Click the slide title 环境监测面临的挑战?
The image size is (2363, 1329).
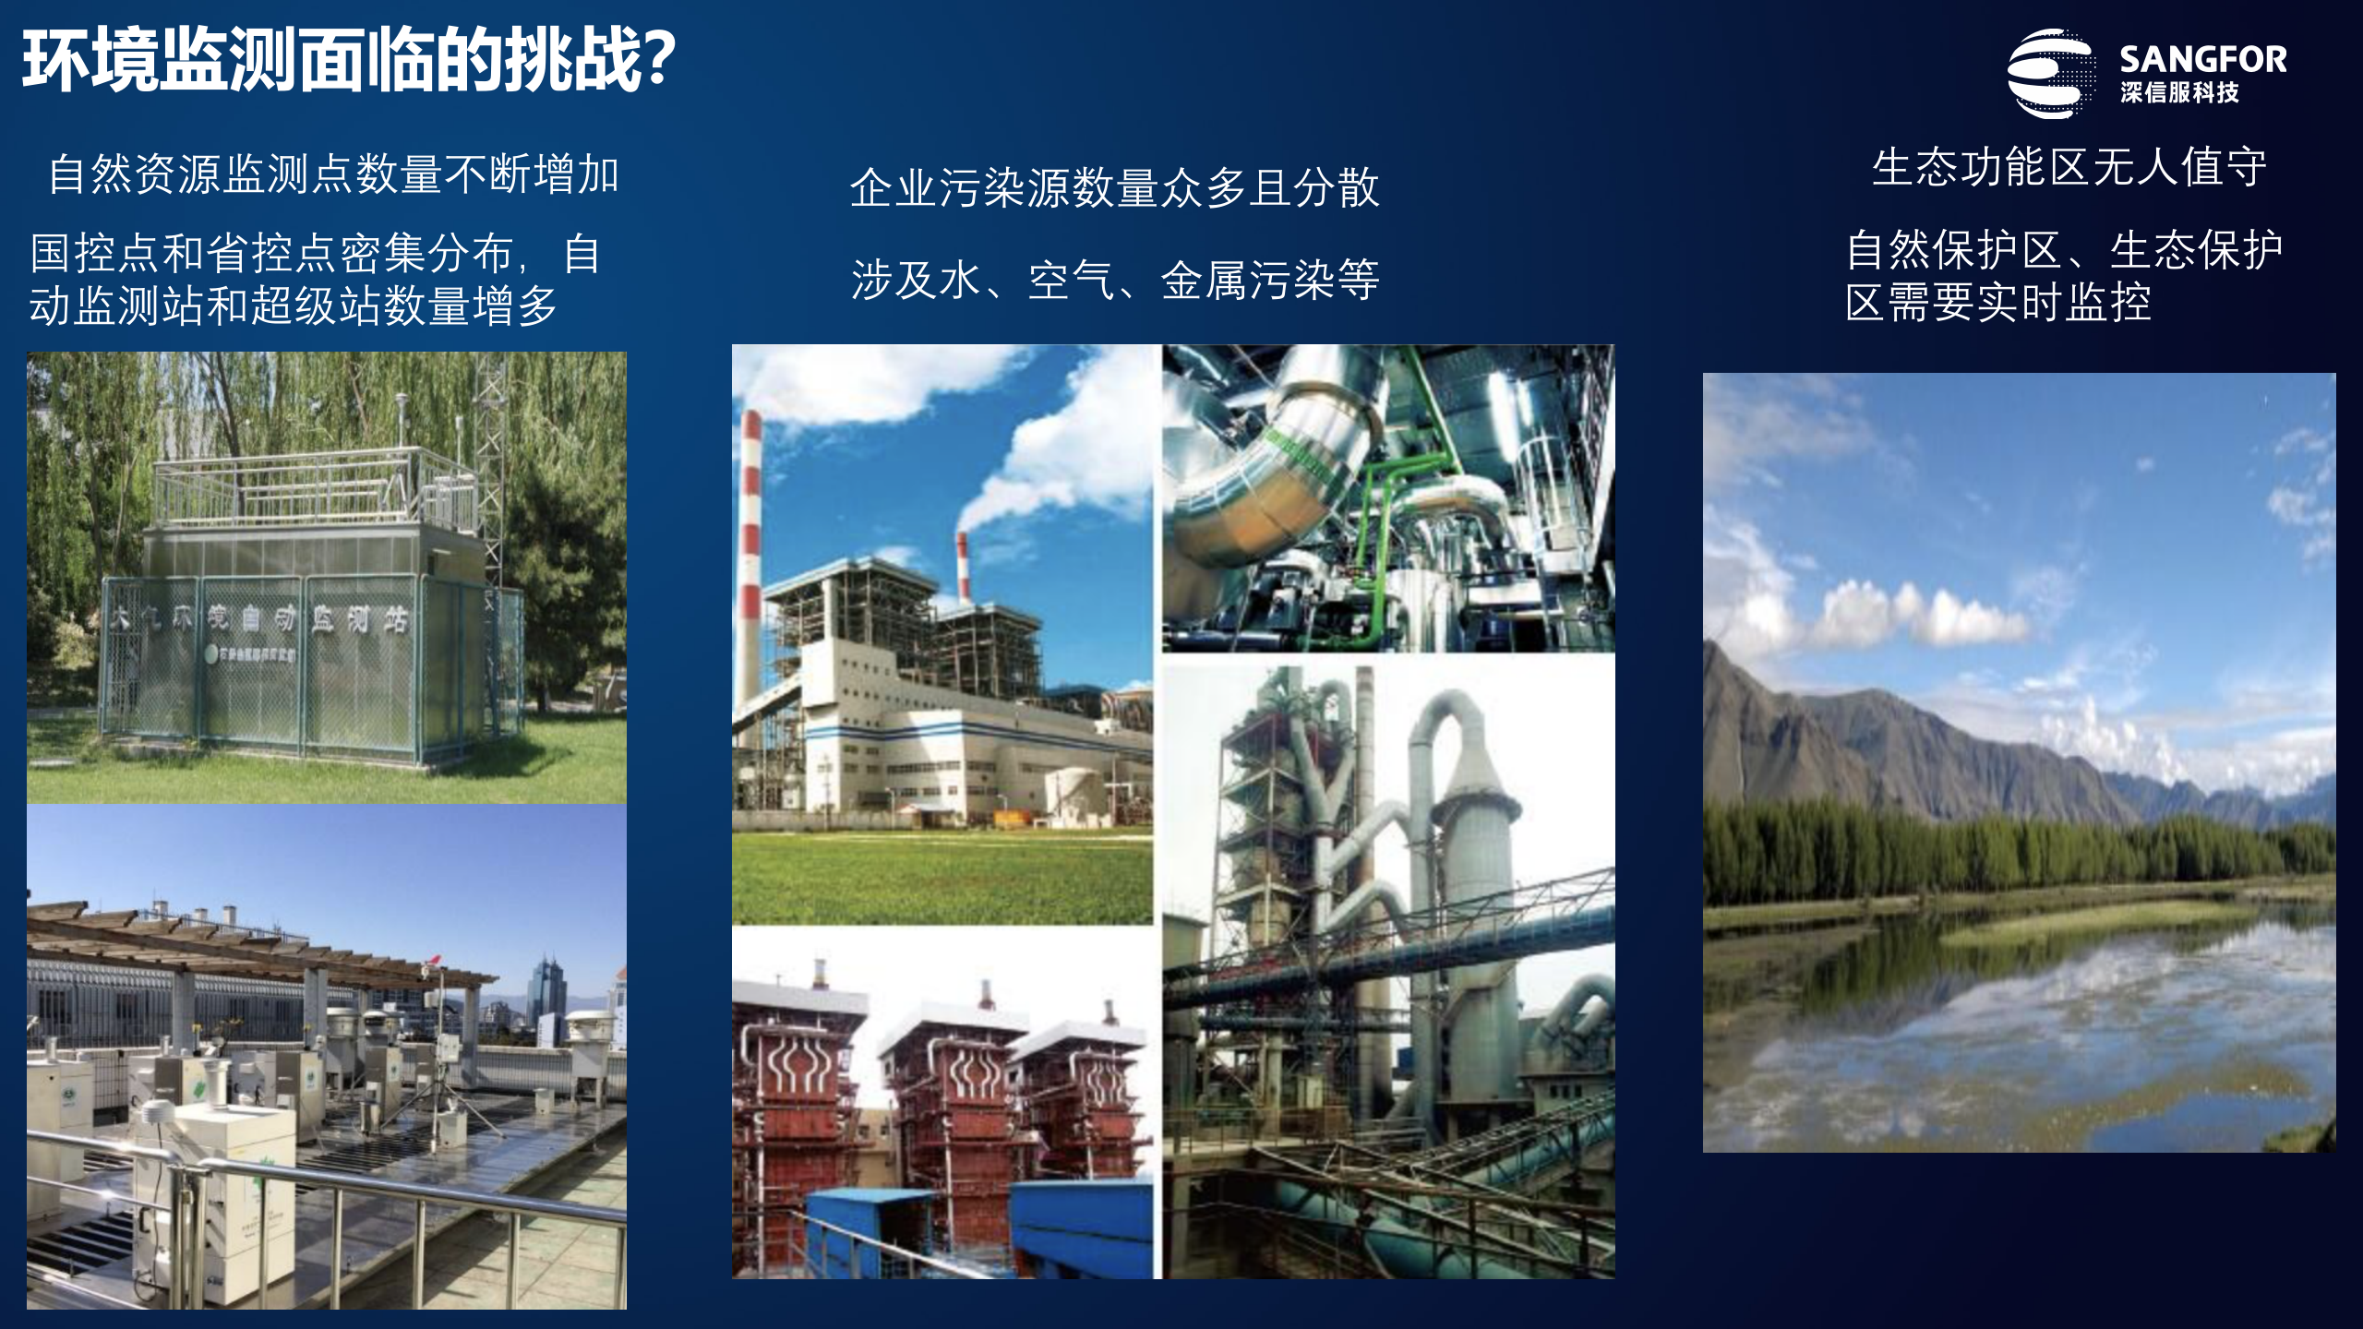[349, 61]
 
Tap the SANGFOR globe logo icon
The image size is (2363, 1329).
[2049, 74]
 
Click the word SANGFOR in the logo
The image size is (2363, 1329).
[2202, 59]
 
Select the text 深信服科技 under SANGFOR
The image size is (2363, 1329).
[2179, 93]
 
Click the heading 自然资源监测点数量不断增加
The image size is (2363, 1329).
[333, 174]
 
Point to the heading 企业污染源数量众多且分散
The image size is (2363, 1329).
[1114, 188]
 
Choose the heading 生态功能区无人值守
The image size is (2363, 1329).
[2069, 168]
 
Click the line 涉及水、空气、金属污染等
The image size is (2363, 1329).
[1114, 281]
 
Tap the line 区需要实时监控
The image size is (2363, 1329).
[1998, 303]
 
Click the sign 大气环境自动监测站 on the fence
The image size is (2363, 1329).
[258, 618]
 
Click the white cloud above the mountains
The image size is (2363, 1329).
[1920, 614]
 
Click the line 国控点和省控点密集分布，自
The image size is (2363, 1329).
[315, 254]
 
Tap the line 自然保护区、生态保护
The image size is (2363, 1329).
[2064, 250]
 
